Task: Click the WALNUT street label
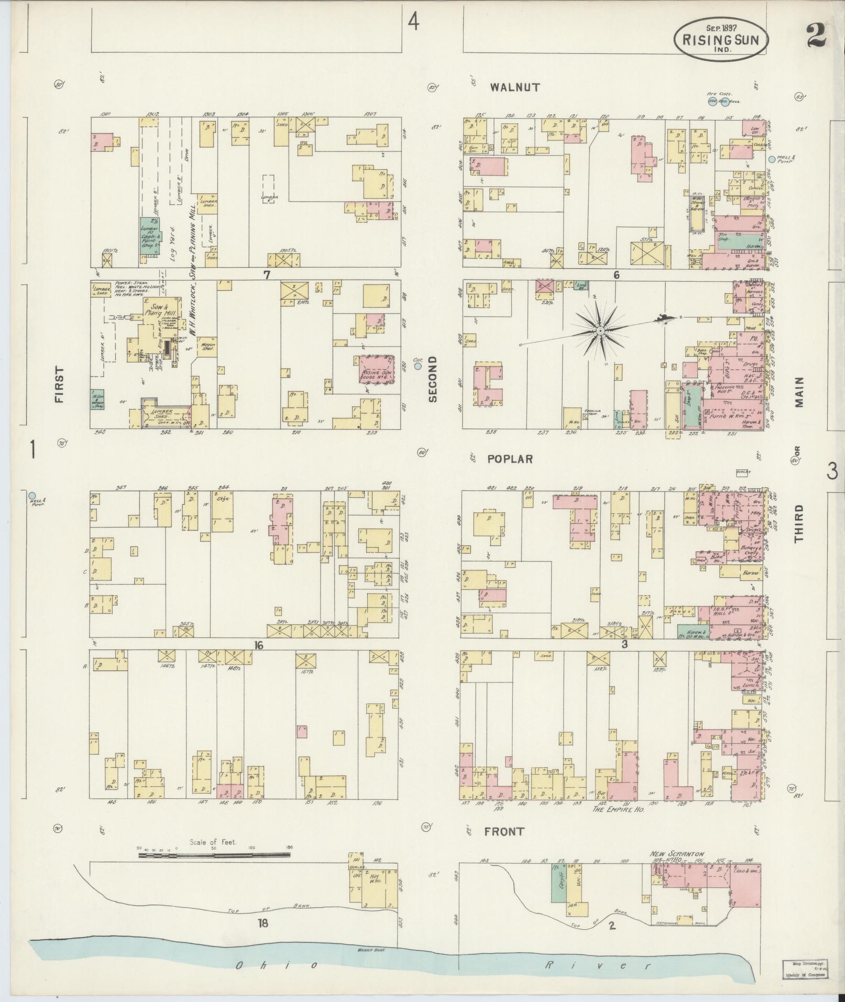[x=515, y=87]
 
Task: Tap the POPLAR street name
[x=510, y=459]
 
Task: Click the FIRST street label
[x=58, y=384]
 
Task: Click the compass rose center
[x=600, y=331]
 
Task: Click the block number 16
[x=258, y=646]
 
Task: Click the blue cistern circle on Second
[x=418, y=367]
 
